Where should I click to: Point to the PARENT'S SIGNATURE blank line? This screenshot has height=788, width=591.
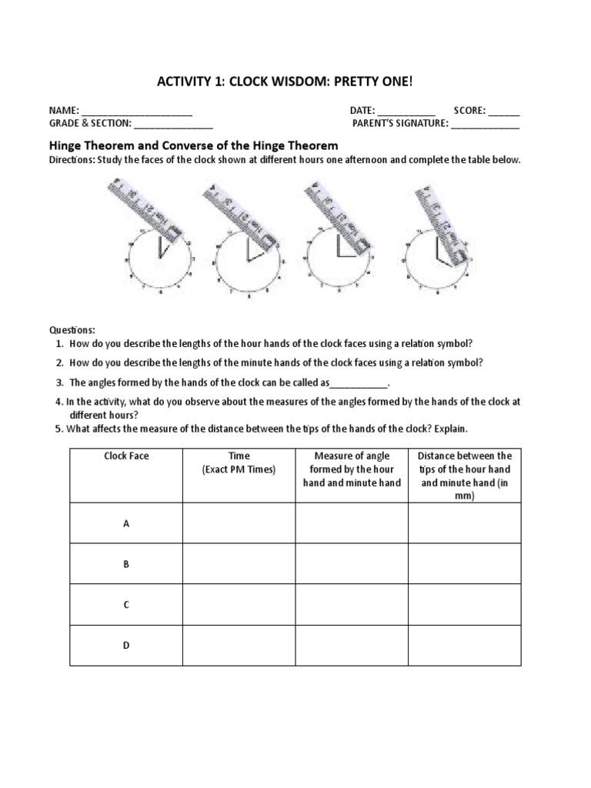(485, 125)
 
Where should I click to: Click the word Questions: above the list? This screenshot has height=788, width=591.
(73, 329)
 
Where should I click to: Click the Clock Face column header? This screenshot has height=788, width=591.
(126, 456)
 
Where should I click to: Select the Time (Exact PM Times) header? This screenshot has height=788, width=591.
(239, 462)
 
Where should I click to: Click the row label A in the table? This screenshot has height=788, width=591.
(126, 523)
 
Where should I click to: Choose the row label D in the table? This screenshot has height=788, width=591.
(126, 646)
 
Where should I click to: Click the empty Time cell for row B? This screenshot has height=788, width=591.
(239, 564)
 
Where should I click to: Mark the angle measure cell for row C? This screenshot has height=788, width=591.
(352, 605)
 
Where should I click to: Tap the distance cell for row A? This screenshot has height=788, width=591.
(464, 523)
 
